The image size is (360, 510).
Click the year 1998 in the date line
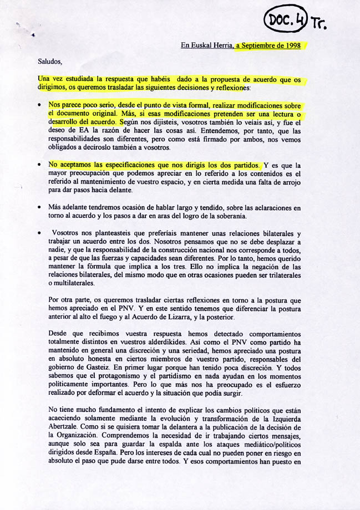click(291, 46)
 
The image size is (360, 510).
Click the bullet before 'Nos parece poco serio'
click(39, 105)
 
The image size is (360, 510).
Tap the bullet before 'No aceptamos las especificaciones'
click(39, 165)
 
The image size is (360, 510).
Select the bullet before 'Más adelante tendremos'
click(39, 208)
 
